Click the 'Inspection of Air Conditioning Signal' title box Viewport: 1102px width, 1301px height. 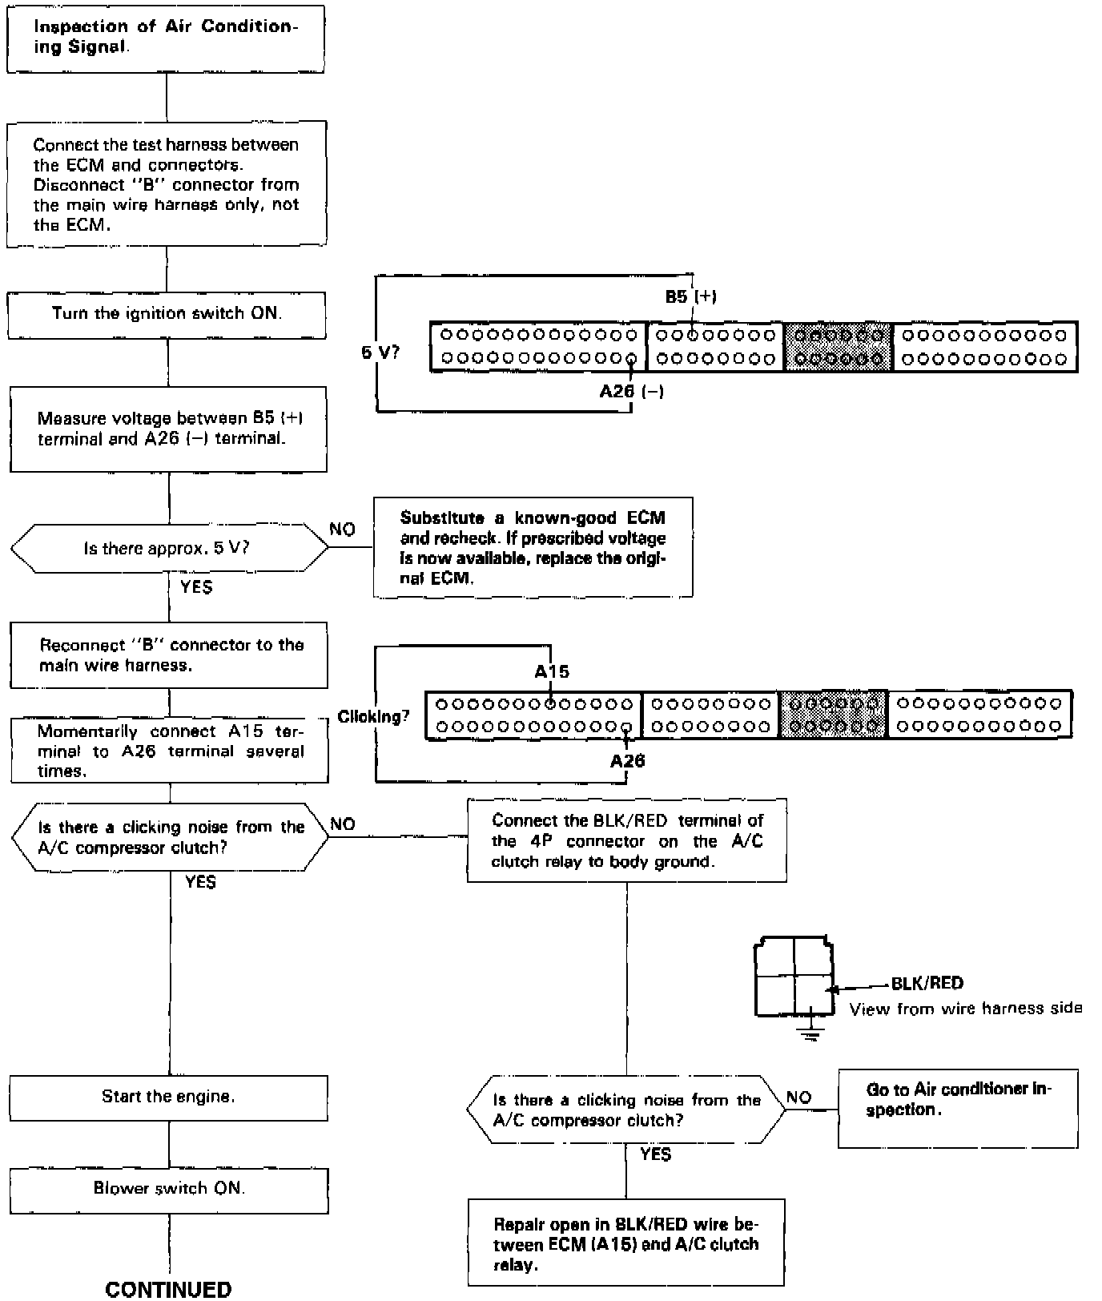(166, 38)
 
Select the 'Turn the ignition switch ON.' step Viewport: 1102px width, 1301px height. (167, 314)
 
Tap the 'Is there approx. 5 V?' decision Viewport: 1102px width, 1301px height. (169, 549)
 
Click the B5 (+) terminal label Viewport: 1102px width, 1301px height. (690, 296)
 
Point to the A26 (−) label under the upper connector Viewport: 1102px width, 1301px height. (631, 392)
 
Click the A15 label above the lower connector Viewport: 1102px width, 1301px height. (552, 671)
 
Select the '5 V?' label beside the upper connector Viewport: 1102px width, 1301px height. (380, 352)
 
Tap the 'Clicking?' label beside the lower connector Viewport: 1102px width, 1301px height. (373, 716)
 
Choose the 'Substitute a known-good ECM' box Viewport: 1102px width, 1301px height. (533, 547)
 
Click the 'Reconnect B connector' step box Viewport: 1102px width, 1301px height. (169, 655)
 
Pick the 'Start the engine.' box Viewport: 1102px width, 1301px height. (169, 1097)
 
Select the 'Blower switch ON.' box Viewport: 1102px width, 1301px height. (169, 1189)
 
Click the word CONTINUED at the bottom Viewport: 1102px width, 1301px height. (168, 1289)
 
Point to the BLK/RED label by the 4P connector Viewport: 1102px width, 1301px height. (927, 983)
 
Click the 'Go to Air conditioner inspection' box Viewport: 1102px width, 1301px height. (958, 1107)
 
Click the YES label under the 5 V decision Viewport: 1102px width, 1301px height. (196, 587)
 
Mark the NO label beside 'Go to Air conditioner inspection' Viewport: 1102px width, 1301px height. (798, 1098)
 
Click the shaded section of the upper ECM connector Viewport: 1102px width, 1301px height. (837, 347)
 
